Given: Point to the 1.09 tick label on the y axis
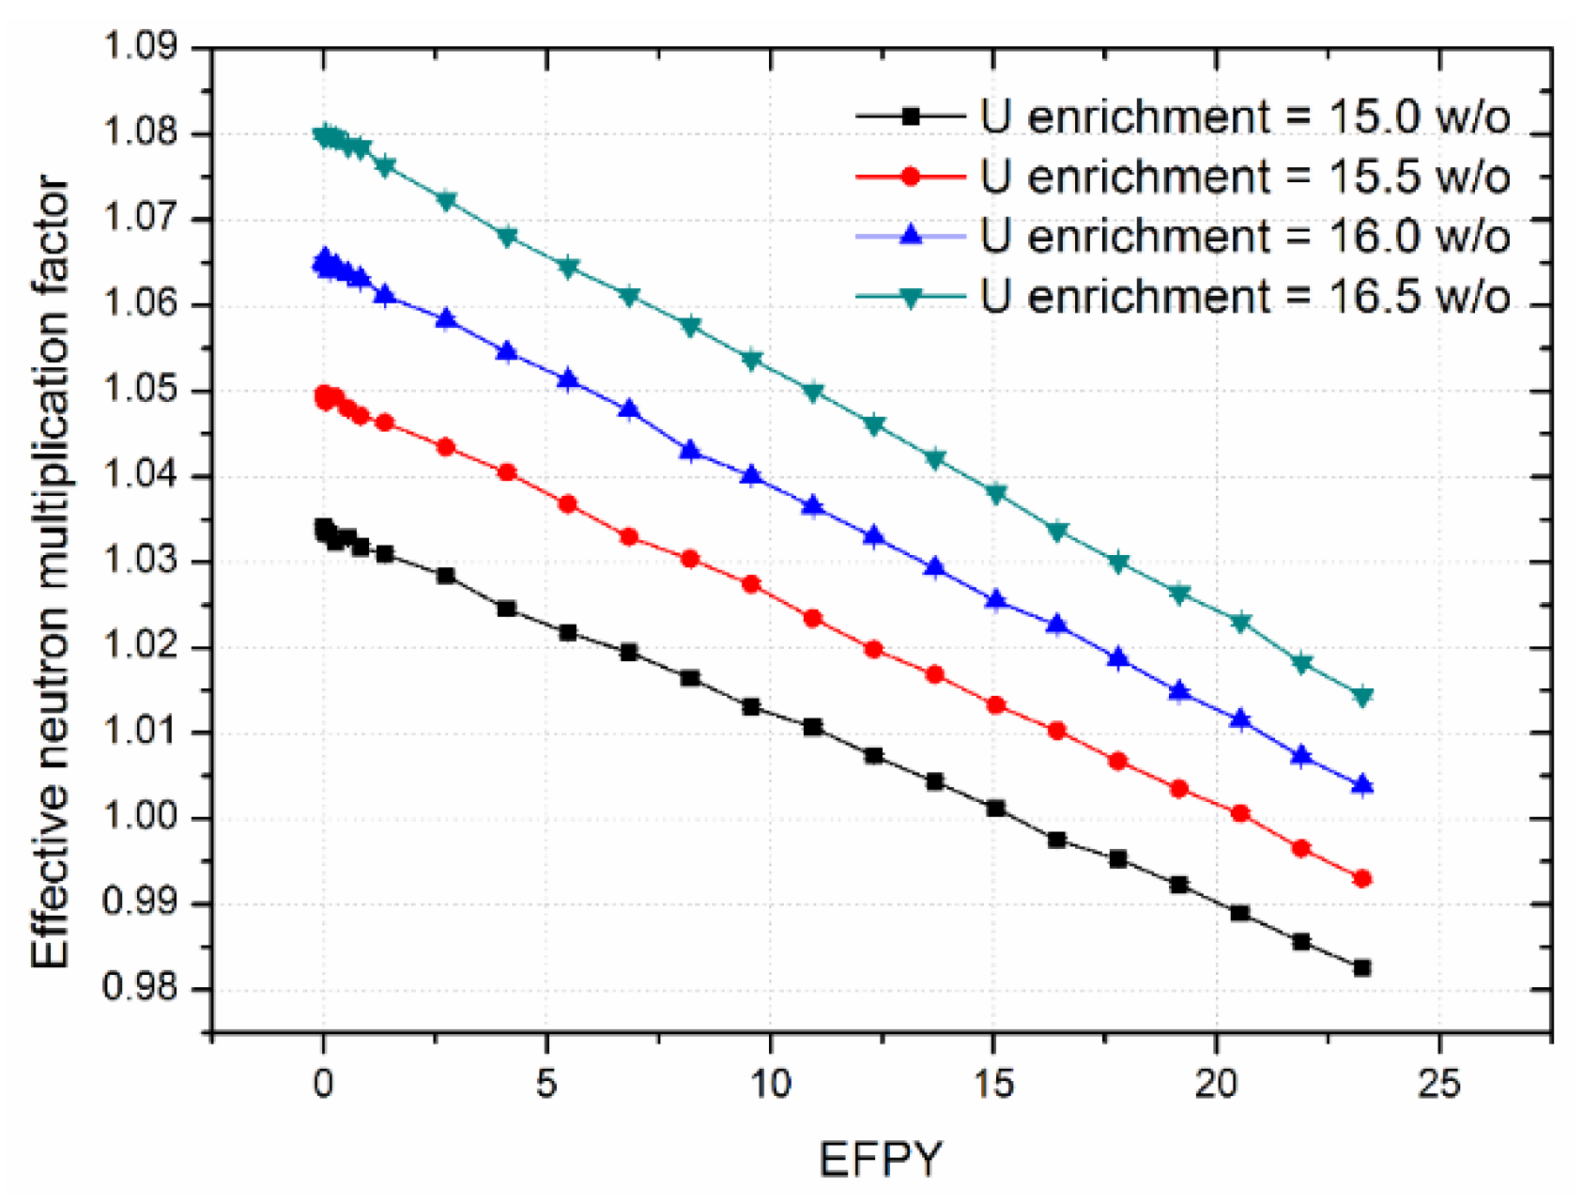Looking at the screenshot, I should pos(140,46).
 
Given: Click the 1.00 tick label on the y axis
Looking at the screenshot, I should pos(140,818).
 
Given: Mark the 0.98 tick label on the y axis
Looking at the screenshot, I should pos(140,989).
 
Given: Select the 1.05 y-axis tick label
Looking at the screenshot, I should pos(140,390).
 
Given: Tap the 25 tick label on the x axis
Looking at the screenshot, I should pos(1438,1085).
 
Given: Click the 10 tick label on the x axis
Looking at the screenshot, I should pos(770,1085).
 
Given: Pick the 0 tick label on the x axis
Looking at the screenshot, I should pos(323,1085).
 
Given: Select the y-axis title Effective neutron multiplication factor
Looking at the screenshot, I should pos(52,573).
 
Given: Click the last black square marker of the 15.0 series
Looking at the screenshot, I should pos(1361,967).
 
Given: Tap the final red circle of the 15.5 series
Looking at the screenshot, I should pos(1362,879).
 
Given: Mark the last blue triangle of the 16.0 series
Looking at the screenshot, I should pos(1362,785).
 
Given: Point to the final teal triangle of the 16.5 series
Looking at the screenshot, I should pos(1362,697).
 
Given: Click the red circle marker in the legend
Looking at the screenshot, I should pos(910,177).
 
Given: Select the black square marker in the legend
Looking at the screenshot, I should pos(910,116).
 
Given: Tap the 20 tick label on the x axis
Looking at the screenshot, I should pos(1216,1085).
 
